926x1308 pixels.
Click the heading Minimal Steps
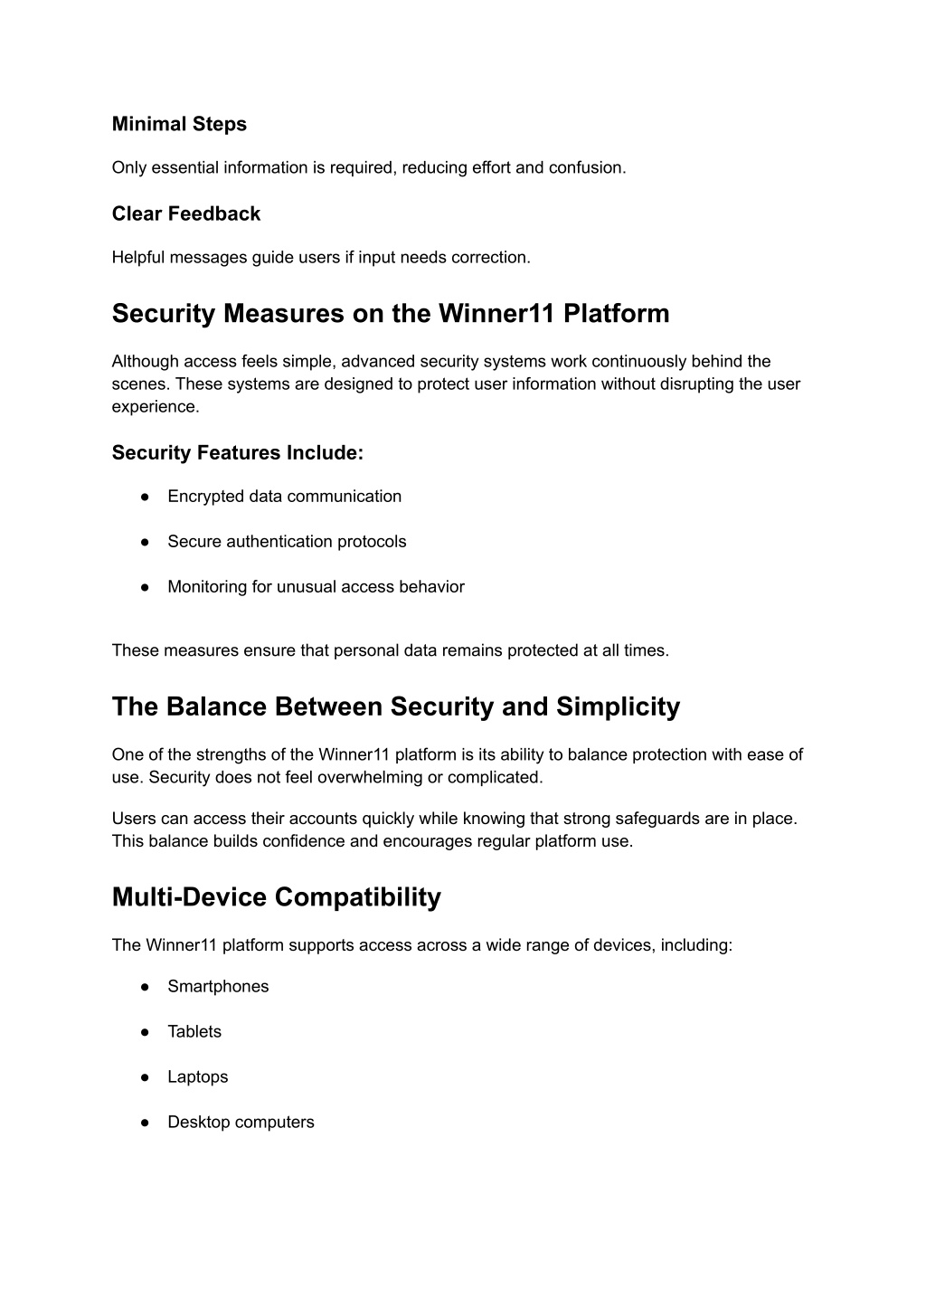coord(179,124)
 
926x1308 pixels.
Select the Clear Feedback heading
coord(185,213)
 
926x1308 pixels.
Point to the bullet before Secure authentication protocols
coord(145,542)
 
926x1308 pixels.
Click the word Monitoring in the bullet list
coord(207,587)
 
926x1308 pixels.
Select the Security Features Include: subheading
coord(237,452)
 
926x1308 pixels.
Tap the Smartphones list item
coord(218,986)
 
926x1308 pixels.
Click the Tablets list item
coord(194,1031)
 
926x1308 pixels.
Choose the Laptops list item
coord(197,1076)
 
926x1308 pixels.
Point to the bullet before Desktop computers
coord(145,1122)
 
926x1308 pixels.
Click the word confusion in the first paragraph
coord(587,167)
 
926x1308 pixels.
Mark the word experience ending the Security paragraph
coord(155,406)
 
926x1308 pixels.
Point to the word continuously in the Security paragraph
coord(634,361)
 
